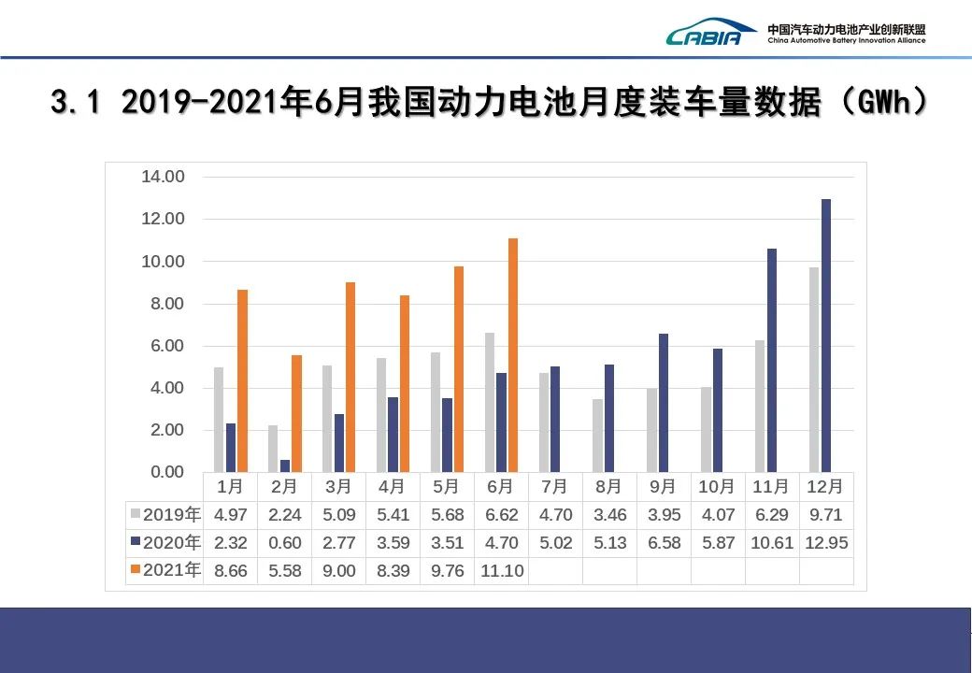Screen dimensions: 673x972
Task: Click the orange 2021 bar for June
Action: [x=513, y=355]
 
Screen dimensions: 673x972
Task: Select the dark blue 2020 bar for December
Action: [x=826, y=336]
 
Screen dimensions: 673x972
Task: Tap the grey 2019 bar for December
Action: [x=814, y=369]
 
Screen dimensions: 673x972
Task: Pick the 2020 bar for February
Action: [x=285, y=465]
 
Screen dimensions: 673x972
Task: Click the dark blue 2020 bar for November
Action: [x=772, y=360]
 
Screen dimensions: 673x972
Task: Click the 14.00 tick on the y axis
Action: [x=163, y=177]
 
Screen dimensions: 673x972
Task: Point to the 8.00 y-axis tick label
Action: [x=163, y=304]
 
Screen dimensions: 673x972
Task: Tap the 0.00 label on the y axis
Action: [x=163, y=472]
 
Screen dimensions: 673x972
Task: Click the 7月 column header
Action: [x=555, y=486]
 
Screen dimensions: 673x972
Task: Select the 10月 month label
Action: [x=718, y=486]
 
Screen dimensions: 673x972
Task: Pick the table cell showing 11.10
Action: [x=501, y=570]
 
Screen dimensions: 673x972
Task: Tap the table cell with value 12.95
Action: [x=826, y=542]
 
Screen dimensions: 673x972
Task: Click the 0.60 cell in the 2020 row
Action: [x=285, y=542]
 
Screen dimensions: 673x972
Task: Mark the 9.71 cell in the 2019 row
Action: [x=826, y=514]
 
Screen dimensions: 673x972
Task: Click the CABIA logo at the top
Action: [x=710, y=34]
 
